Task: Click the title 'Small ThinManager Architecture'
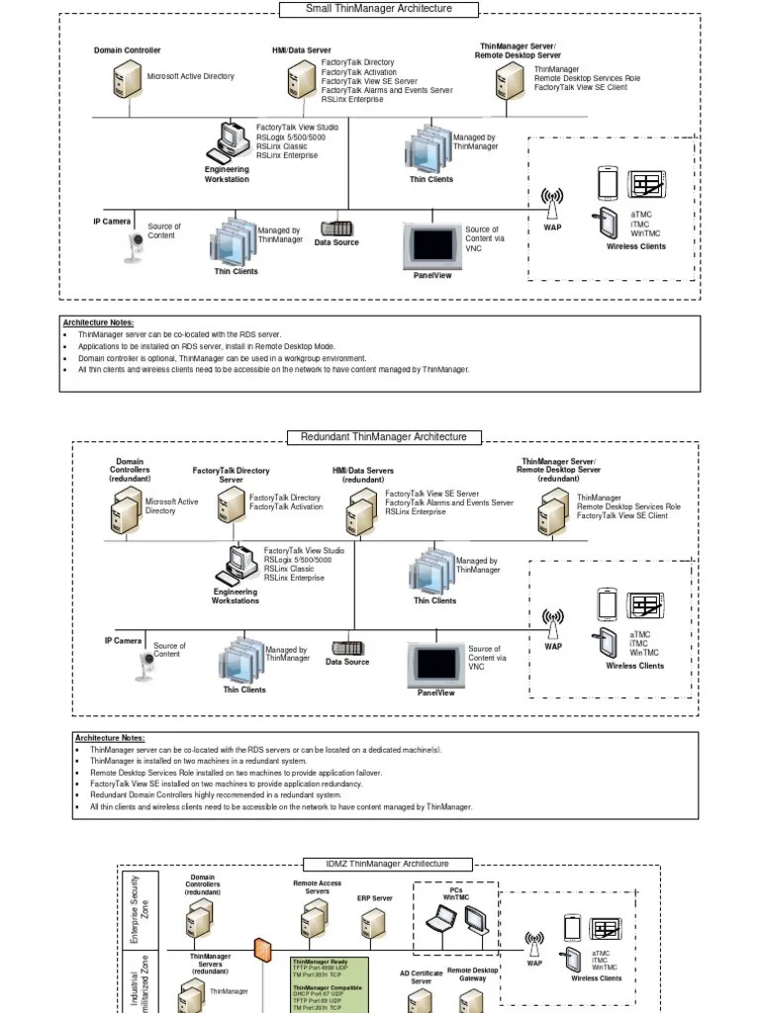(379, 9)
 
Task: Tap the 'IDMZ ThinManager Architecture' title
(387, 864)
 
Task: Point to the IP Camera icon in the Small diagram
(135, 246)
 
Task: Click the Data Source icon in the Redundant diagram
(347, 649)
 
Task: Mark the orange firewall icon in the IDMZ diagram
(262, 950)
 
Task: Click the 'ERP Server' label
(375, 899)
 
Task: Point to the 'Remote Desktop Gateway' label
(473, 974)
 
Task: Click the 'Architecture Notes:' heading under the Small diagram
(98, 322)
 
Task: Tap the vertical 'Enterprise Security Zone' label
(139, 908)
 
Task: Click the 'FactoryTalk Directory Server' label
(231, 475)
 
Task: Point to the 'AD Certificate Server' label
(421, 977)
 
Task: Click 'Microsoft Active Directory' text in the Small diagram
(191, 76)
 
